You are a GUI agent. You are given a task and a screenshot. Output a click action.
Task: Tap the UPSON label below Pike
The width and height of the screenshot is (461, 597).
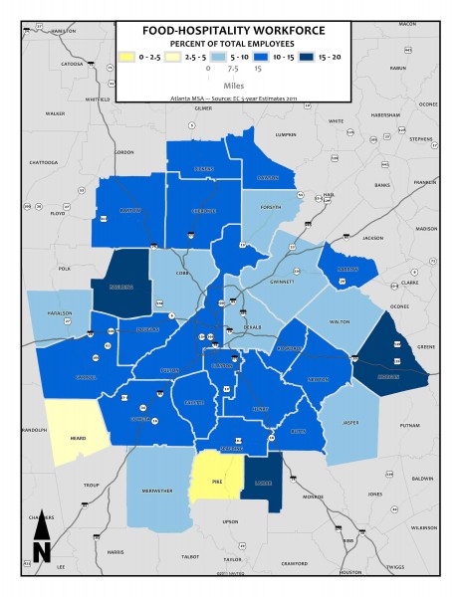(x=231, y=521)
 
